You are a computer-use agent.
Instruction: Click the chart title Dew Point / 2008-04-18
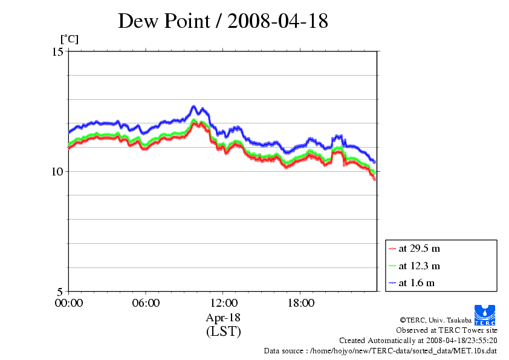click(222, 21)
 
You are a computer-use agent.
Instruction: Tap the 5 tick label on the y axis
click(60, 291)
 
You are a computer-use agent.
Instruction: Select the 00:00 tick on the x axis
click(68, 303)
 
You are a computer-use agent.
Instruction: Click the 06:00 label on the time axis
click(146, 303)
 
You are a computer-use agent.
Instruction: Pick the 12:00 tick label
click(223, 303)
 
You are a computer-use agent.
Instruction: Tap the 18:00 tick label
click(300, 303)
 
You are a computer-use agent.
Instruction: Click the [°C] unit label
click(69, 39)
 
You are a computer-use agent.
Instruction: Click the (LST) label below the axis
click(223, 332)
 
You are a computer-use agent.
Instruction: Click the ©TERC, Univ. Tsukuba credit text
click(449, 320)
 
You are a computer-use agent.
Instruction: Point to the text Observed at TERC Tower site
click(446, 330)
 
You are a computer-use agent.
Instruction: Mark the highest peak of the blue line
click(194, 106)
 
